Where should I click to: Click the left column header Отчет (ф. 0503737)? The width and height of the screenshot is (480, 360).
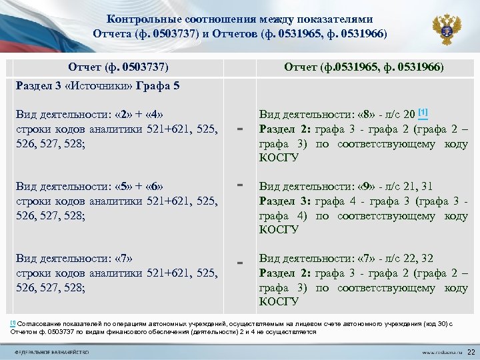(118, 67)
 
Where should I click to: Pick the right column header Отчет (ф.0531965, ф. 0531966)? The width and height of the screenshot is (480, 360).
(363, 67)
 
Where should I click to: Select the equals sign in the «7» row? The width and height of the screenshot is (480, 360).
(241, 263)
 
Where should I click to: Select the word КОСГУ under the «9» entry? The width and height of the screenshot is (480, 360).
(279, 230)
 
